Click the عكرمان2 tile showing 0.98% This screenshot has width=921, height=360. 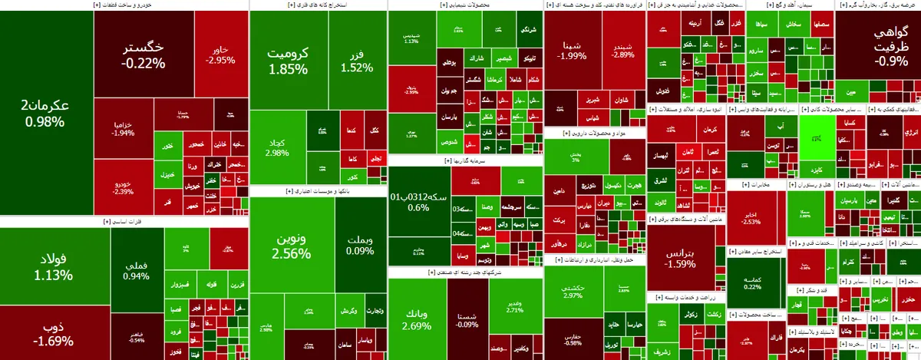[46, 114]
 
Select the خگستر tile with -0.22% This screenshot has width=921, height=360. [144, 55]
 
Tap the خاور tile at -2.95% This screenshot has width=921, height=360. [221, 55]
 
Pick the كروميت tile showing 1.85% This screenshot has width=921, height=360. [288, 61]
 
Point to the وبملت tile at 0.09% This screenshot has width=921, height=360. [360, 244]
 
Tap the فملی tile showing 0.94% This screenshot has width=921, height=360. [136, 270]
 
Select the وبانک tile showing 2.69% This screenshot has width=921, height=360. [416, 319]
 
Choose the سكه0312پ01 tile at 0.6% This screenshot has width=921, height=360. [418, 201]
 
